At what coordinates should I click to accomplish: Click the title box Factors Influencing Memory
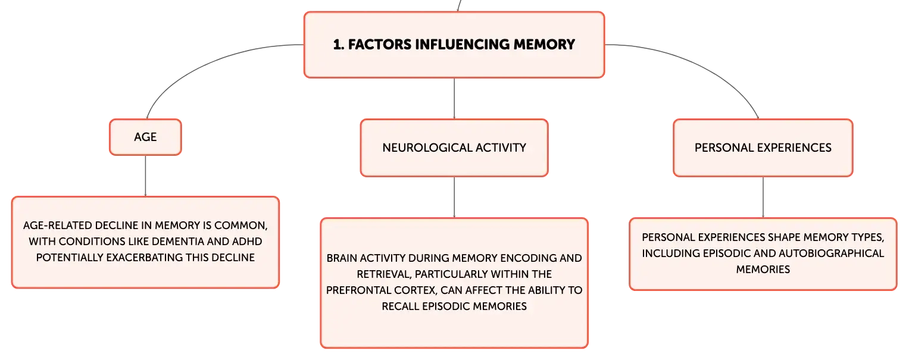pyautogui.click(x=454, y=45)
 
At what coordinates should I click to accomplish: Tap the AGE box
pyautogui.click(x=145, y=137)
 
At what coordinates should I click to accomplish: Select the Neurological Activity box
pyautogui.click(x=454, y=148)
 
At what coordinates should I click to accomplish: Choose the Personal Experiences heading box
pyautogui.click(x=763, y=148)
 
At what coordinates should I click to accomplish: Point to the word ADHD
pyautogui.click(x=249, y=242)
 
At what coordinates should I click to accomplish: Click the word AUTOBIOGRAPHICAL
pyautogui.click(x=834, y=253)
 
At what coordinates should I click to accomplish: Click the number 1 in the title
pyautogui.click(x=337, y=45)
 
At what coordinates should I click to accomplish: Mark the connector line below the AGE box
pyautogui.click(x=145, y=176)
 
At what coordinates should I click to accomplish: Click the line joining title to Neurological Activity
pyautogui.click(x=454, y=98)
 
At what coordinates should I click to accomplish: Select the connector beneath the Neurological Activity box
pyautogui.click(x=454, y=197)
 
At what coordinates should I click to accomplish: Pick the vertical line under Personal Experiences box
pyautogui.click(x=763, y=197)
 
